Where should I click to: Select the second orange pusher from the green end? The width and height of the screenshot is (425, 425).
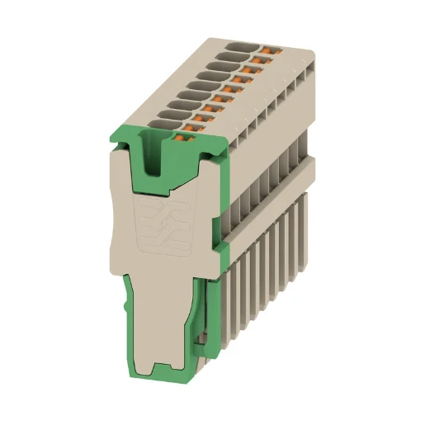(x=205, y=116)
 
